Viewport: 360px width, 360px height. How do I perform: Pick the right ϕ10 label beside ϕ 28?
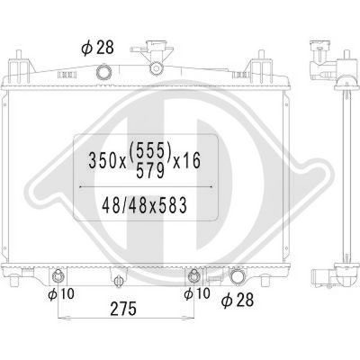(x=197, y=293)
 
